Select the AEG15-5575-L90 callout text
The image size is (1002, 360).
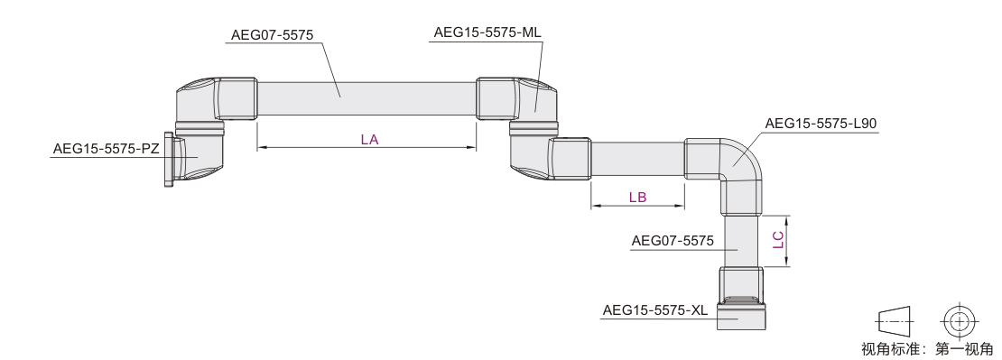(x=821, y=124)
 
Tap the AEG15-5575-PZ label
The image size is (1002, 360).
(x=107, y=149)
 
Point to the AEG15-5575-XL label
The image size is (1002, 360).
(x=655, y=310)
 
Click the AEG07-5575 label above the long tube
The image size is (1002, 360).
(x=273, y=35)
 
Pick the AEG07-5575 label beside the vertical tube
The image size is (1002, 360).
(x=673, y=241)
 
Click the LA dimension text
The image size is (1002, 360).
(x=369, y=139)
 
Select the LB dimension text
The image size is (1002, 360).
(x=637, y=198)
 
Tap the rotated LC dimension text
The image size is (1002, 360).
(x=778, y=239)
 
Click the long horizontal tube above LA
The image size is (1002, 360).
(x=366, y=98)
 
